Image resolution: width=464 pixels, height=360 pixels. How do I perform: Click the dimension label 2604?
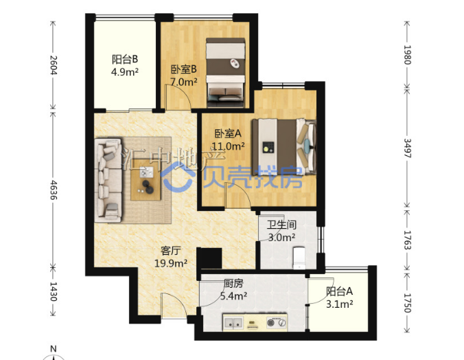pyautogui.click(x=54, y=65)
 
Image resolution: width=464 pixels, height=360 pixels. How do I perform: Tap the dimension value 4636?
pyautogui.click(x=54, y=190)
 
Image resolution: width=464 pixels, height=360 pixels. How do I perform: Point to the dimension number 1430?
pyautogui.click(x=54, y=291)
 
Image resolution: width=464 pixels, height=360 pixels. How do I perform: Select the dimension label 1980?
pyautogui.click(x=408, y=55)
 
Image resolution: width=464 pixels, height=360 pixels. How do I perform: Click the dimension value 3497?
pyautogui.click(x=408, y=148)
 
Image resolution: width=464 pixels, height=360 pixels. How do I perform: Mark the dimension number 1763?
pyautogui.click(x=408, y=240)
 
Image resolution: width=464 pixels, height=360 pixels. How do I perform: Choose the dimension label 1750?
pyautogui.click(x=408, y=303)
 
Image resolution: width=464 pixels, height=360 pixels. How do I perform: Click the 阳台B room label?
pyautogui.click(x=125, y=59)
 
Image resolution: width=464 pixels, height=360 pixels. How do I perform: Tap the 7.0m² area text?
pyautogui.click(x=184, y=82)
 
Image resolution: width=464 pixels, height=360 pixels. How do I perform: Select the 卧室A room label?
pyautogui.click(x=228, y=134)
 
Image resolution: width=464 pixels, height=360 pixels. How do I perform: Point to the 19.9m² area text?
pyautogui.click(x=171, y=263)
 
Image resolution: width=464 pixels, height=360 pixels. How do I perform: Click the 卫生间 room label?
pyautogui.click(x=281, y=225)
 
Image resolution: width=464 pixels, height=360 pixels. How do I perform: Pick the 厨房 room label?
pyautogui.click(x=233, y=284)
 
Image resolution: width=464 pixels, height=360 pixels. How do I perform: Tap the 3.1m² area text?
pyautogui.click(x=339, y=304)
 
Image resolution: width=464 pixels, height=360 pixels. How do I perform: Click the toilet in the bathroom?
pyautogui.click(x=299, y=258)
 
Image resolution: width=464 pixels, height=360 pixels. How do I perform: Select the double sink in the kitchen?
pyautogui.click(x=233, y=322)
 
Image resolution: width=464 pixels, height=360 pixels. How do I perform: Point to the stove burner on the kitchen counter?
pyautogui.click(x=277, y=322)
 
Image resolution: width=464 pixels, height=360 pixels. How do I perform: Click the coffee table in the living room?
pyautogui.click(x=146, y=180)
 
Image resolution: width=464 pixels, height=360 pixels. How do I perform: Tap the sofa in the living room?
pyautogui.click(x=108, y=180)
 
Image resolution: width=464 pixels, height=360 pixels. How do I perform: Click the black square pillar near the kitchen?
pyautogui.click(x=209, y=258)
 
